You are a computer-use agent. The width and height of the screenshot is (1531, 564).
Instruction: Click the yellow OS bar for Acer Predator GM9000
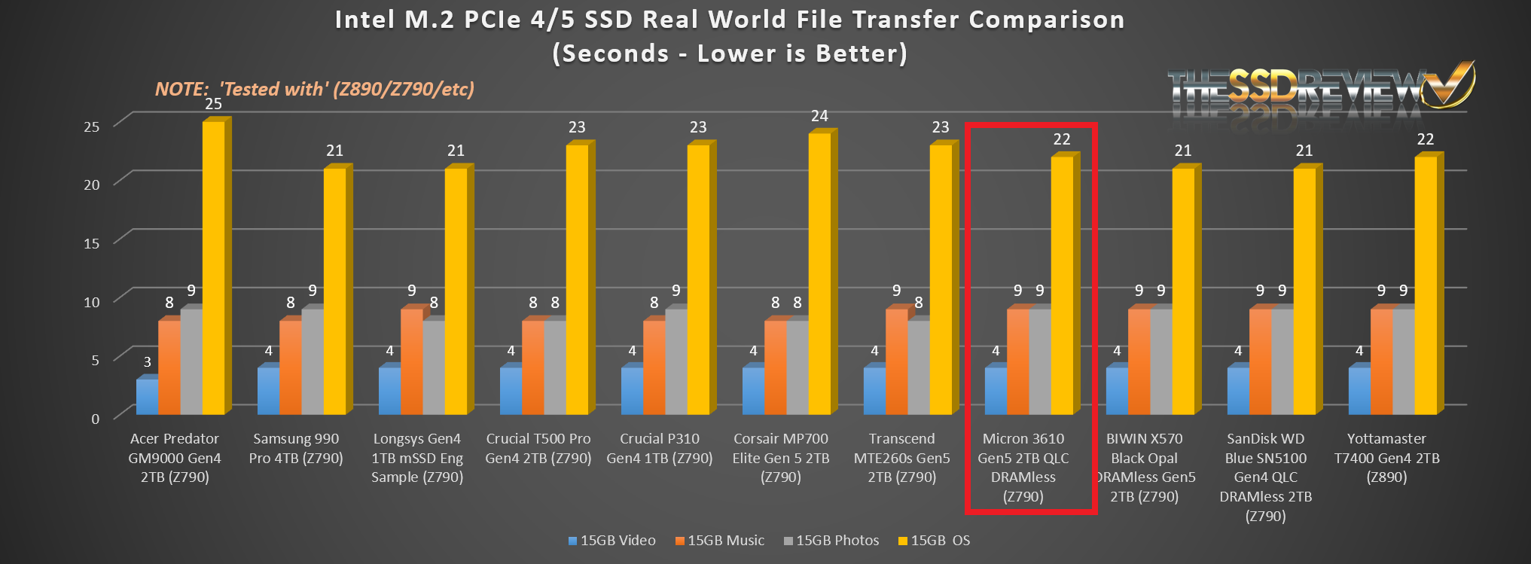213,267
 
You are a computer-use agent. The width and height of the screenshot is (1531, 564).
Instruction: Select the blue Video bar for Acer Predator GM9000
147,396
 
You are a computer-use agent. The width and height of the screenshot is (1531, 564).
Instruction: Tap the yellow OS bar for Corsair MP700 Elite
819,273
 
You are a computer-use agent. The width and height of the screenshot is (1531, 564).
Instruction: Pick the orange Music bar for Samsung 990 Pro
290,367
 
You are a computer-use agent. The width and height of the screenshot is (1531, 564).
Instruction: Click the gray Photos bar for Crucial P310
676,361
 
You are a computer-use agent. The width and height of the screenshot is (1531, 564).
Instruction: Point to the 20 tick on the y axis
92,184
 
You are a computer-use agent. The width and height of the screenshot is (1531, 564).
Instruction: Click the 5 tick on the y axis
95,360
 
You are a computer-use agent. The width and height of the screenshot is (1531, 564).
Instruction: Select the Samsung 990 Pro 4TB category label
296,448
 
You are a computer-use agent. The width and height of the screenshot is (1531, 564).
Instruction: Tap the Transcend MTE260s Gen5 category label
901,457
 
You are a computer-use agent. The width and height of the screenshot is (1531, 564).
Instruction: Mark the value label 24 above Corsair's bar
819,116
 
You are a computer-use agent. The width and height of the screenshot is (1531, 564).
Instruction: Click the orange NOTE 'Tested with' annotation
314,90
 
